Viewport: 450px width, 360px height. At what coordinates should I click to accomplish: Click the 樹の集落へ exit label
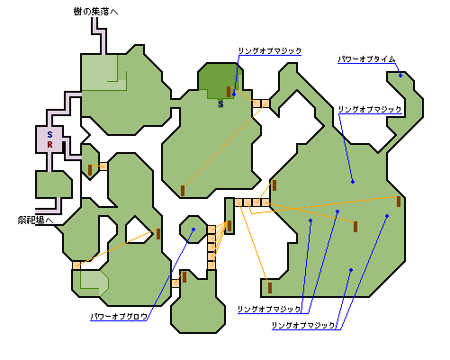(95, 12)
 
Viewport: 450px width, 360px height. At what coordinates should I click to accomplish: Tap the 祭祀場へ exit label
(35, 220)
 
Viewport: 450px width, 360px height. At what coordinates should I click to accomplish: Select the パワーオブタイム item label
(366, 59)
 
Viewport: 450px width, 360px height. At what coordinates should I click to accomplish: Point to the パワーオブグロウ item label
(119, 316)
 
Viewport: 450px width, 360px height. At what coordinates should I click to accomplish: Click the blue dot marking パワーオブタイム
(400, 76)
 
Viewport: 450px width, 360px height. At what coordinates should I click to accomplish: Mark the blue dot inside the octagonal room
(193, 229)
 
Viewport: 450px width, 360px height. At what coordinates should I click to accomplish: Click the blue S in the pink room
(49, 134)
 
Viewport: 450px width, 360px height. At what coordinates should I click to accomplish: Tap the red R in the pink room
(49, 145)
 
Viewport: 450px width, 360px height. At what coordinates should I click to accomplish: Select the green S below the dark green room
(220, 104)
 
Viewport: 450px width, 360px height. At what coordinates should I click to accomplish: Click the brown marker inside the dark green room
(229, 92)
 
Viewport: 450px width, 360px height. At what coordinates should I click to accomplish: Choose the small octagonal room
(193, 229)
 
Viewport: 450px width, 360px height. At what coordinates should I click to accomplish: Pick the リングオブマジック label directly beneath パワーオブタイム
(370, 109)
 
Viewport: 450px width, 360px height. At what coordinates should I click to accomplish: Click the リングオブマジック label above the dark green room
(270, 50)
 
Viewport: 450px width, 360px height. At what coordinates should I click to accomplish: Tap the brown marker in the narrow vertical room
(229, 226)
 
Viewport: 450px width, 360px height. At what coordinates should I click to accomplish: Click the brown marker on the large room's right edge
(399, 202)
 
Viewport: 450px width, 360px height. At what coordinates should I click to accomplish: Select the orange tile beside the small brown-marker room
(103, 166)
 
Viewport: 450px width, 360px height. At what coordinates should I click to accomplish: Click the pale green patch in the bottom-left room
(94, 282)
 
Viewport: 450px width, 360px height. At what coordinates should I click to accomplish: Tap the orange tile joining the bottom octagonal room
(175, 283)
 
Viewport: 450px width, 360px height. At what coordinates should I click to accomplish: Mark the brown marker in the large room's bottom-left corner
(270, 288)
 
